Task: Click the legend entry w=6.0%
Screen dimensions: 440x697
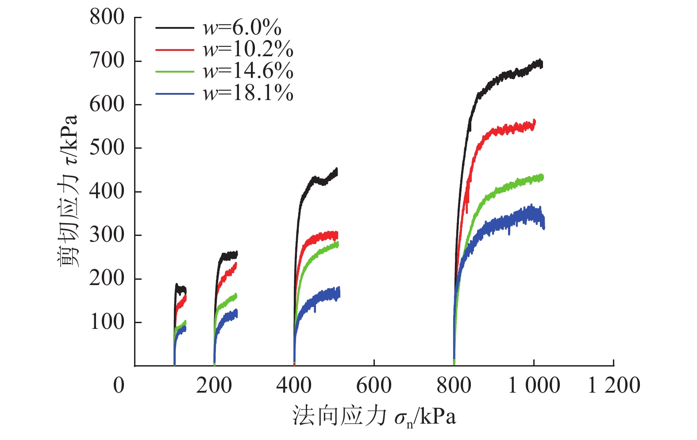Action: click(242, 28)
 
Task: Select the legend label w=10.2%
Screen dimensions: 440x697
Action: click(248, 50)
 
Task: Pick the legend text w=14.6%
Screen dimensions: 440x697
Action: click(248, 71)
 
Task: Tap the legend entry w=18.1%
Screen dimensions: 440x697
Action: click(248, 93)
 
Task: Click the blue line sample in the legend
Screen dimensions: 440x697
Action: click(174, 93)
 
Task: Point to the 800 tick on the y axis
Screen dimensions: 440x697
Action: click(107, 18)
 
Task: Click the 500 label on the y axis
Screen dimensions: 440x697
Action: click(107, 148)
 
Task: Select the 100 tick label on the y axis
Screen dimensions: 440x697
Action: click(107, 322)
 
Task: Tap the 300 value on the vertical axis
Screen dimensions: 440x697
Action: click(107, 235)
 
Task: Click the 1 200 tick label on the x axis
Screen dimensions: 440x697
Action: click(613, 385)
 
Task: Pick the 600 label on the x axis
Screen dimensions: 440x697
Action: click(374, 385)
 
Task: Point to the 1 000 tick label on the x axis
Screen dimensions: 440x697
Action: click(534, 385)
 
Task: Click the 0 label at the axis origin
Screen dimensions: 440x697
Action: click(119, 385)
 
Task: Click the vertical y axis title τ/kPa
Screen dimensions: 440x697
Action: click(69, 190)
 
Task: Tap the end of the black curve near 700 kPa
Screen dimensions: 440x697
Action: click(540, 64)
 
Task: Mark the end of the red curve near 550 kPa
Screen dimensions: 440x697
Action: click(534, 124)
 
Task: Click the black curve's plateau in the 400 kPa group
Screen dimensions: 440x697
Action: click(319, 180)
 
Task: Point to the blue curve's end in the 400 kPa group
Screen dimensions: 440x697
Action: click(338, 293)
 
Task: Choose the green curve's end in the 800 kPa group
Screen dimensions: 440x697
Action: click(541, 178)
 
